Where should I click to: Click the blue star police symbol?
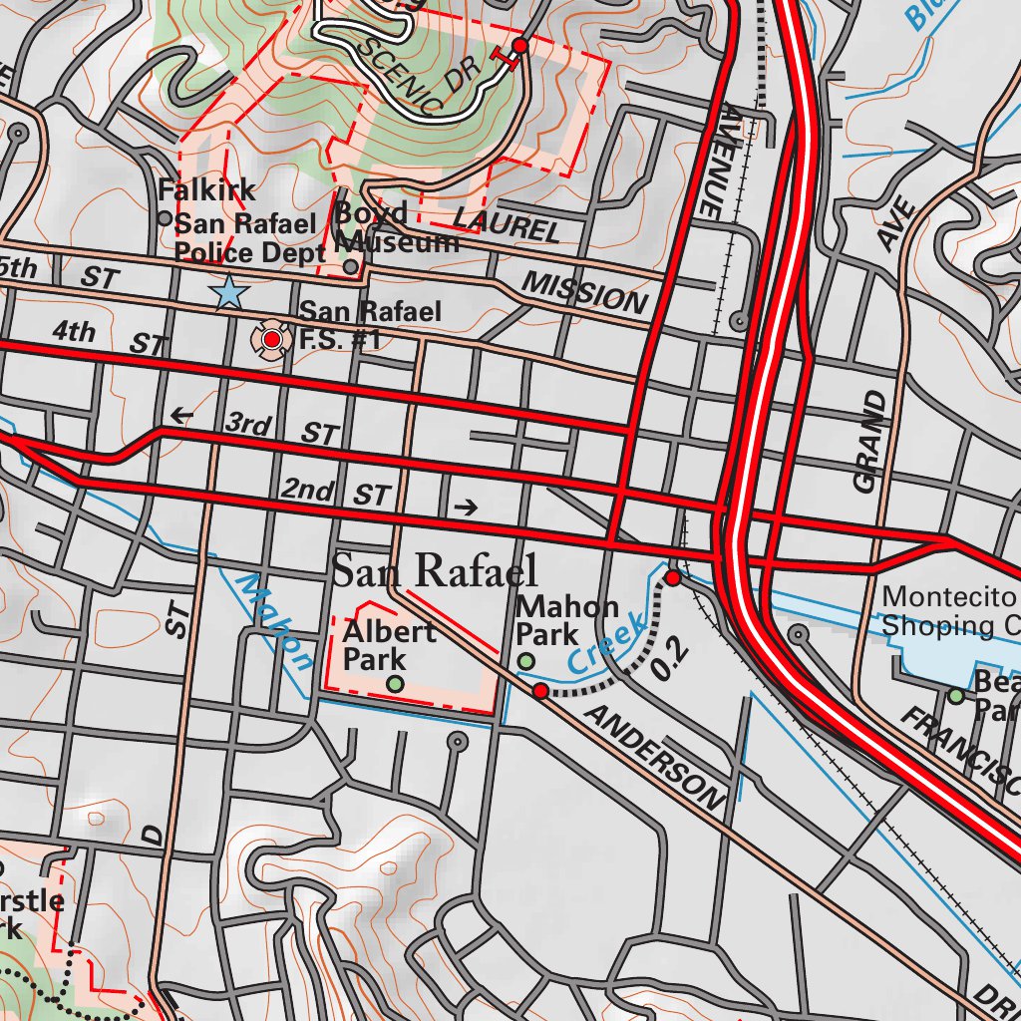point(229,293)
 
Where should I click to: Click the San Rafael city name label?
point(435,571)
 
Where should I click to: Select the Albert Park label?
point(388,644)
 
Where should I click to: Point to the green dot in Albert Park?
point(396,683)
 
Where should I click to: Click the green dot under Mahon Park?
point(526,661)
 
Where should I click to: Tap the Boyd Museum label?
point(396,227)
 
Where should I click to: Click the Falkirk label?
point(206,189)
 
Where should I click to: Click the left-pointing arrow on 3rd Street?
point(180,416)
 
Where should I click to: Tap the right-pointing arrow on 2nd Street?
point(466,508)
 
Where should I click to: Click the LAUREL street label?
point(507,224)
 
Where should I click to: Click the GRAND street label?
point(869,442)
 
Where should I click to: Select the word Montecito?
point(946,597)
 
